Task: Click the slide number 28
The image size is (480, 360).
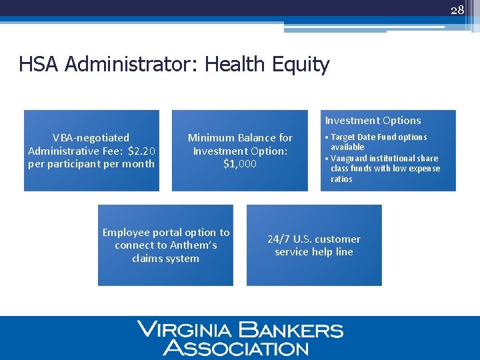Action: coord(457,10)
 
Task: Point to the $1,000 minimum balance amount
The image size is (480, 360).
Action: coord(240,164)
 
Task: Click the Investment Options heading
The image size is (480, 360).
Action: coord(373,121)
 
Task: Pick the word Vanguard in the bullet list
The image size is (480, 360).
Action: coord(351,159)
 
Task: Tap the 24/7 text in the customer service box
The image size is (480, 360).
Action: coord(280,239)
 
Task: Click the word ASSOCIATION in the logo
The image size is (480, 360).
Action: coord(237,348)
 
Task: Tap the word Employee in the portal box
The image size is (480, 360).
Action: coord(125,233)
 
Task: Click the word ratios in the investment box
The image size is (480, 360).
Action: coord(341,179)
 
